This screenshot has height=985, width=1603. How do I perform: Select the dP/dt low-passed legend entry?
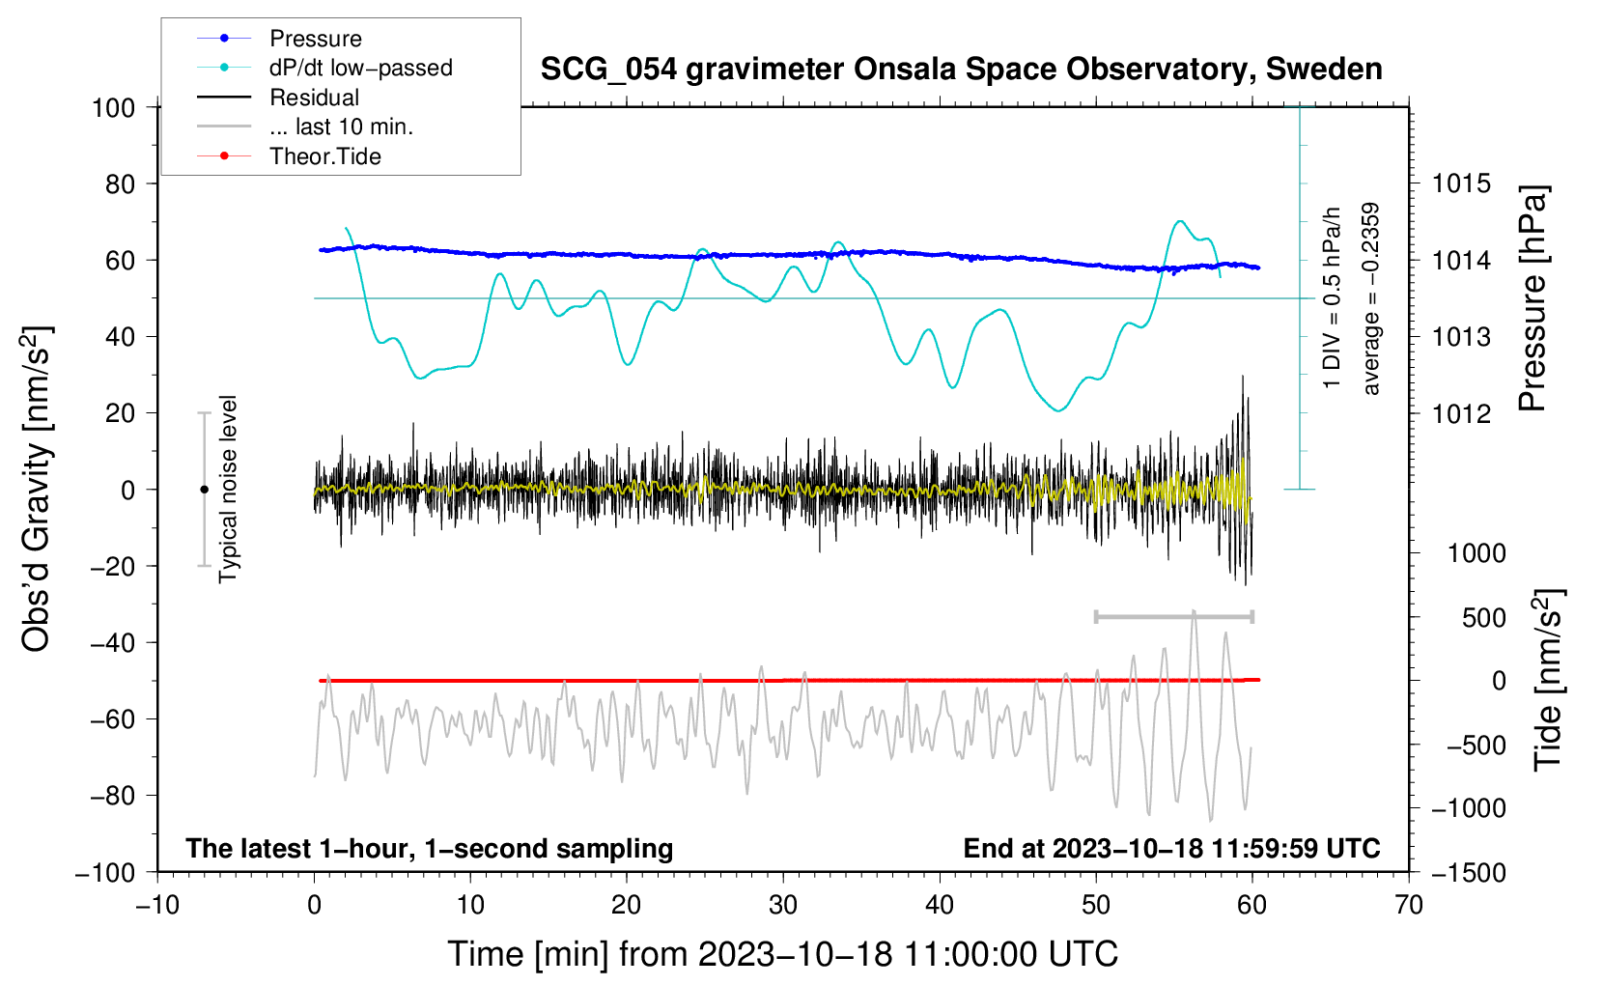point(360,69)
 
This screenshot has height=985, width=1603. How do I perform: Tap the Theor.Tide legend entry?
point(324,156)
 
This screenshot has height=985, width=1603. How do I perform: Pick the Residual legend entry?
point(314,98)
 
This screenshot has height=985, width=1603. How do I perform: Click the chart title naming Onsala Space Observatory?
point(961,70)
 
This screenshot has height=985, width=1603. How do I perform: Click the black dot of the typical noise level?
point(204,490)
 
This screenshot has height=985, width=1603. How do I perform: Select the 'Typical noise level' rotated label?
point(228,489)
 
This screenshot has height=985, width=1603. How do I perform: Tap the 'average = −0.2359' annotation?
point(1371,298)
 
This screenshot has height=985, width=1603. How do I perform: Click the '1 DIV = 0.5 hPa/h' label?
point(1333,297)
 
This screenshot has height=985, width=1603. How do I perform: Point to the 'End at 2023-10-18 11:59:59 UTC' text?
point(1171,848)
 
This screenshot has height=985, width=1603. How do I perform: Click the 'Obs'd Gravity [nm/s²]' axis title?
point(37,489)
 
